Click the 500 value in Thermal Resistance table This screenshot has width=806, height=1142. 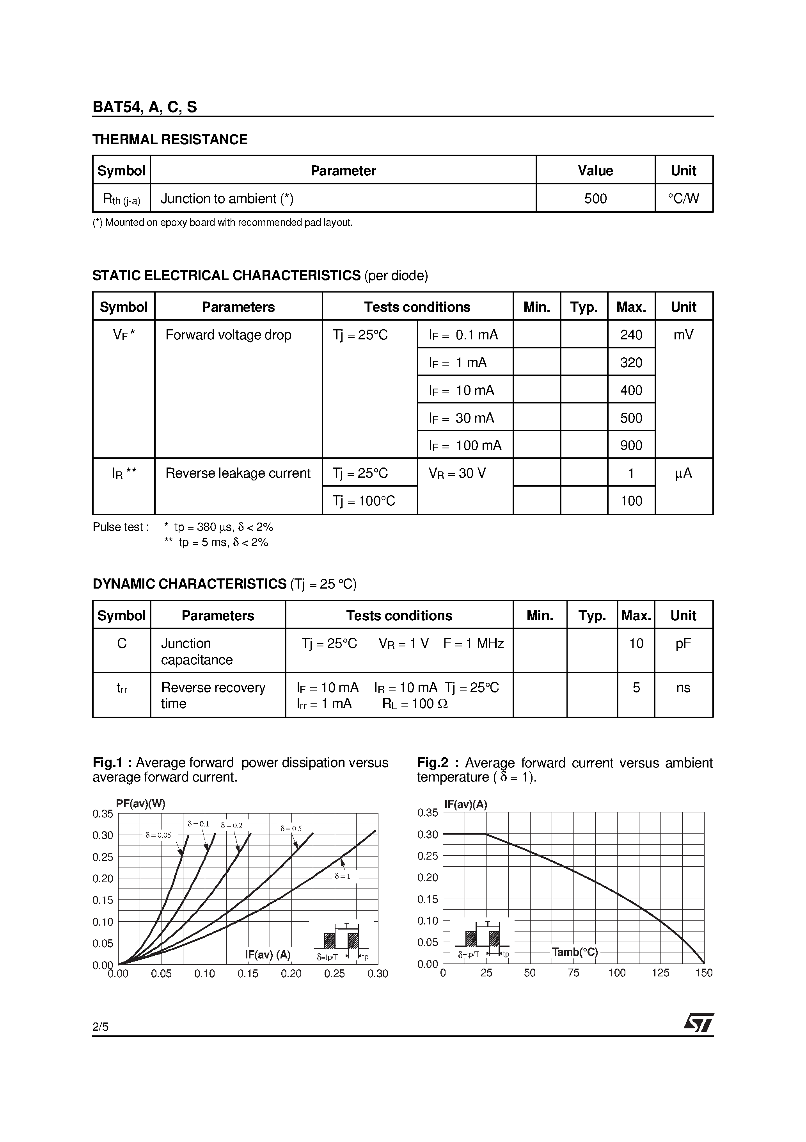[595, 198]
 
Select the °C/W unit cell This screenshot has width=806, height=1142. [684, 198]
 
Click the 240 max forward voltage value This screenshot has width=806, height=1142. [631, 335]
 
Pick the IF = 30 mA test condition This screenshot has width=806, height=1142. [462, 418]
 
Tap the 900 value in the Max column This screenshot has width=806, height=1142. [631, 446]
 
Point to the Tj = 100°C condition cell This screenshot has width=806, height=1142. [364, 501]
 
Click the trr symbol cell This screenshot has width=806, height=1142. [122, 689]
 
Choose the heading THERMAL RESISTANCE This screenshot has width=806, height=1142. [170, 139]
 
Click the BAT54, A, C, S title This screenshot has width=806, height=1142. [145, 107]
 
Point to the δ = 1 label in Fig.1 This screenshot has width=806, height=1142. [343, 876]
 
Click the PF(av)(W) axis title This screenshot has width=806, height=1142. [140, 803]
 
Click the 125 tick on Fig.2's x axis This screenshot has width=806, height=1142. [660, 973]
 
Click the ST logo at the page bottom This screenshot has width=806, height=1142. [699, 1022]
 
